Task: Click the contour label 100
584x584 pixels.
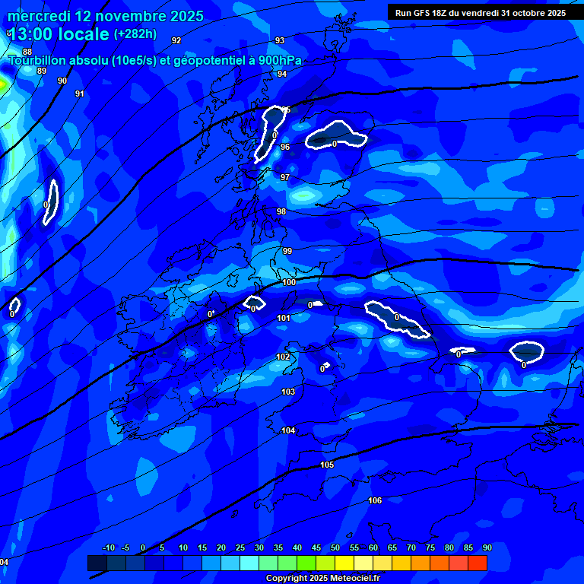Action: [289, 282]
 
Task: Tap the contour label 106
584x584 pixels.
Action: [375, 500]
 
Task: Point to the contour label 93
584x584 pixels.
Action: [280, 40]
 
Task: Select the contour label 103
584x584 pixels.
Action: [288, 392]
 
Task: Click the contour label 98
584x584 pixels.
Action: [281, 211]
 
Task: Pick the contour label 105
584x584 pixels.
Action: [327, 465]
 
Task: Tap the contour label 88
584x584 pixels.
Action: [27, 52]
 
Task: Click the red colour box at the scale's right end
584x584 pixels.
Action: [478, 563]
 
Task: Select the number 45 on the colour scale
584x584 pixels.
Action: [316, 547]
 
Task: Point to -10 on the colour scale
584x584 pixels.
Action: [109, 547]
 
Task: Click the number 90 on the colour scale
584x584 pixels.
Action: [487, 547]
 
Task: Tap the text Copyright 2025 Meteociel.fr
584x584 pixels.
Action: [322, 578]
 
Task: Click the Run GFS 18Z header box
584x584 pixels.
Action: [481, 12]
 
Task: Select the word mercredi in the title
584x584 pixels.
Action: [39, 16]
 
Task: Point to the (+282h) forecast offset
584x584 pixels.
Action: [135, 33]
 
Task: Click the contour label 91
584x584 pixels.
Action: [80, 94]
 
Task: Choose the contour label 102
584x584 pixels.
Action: [283, 357]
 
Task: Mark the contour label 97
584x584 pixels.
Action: [285, 177]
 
